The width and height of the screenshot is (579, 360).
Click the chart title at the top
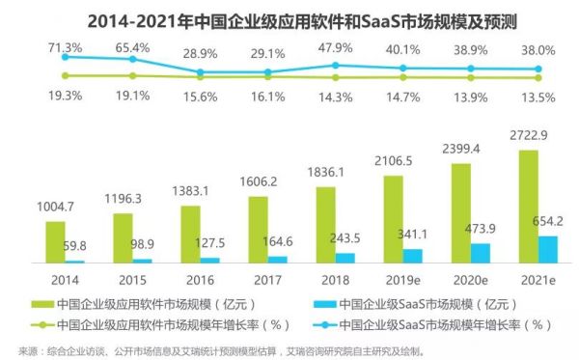point(289,18)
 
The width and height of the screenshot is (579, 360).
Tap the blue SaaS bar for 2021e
point(548,249)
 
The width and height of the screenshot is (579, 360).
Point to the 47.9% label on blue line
point(334,49)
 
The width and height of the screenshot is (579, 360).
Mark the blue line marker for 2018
point(334,66)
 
